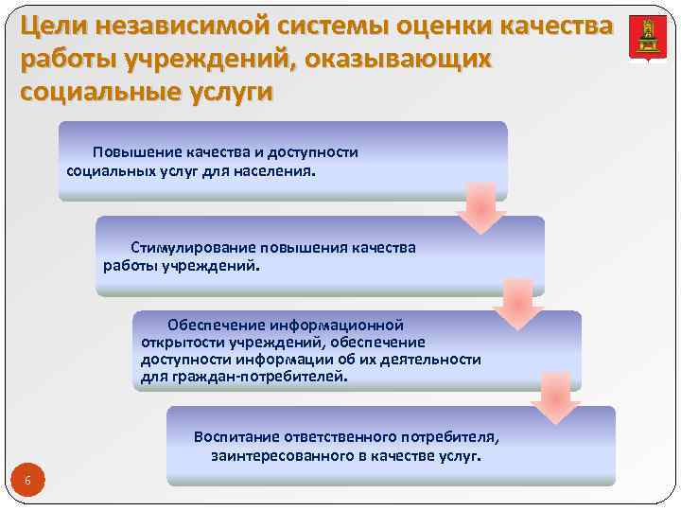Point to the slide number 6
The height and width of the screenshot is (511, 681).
click(x=27, y=482)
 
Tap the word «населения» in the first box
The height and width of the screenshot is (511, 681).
click(x=280, y=171)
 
